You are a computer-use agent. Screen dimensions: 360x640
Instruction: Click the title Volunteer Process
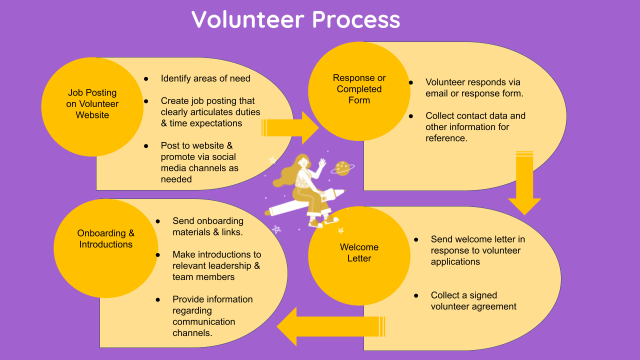(x=295, y=19)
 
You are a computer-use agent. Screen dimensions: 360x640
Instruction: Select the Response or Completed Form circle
(x=359, y=90)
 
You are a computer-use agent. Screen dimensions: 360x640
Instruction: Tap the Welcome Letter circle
(x=359, y=254)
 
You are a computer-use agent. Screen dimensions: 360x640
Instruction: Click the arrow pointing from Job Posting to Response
(x=290, y=127)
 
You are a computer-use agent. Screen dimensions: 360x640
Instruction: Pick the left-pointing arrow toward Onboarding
(x=330, y=326)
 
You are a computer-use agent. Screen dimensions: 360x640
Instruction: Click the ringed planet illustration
(x=342, y=167)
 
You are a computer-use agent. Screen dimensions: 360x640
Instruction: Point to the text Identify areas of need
(x=205, y=78)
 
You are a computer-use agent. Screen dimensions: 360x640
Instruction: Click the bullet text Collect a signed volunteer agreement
(x=473, y=301)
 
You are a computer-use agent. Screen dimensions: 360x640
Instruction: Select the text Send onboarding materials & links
(x=208, y=226)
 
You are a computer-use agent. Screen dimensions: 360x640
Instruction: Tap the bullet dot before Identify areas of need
(x=146, y=78)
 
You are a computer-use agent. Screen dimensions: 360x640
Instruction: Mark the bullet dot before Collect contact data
(x=411, y=116)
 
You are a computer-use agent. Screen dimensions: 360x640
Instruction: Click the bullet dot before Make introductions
(x=158, y=254)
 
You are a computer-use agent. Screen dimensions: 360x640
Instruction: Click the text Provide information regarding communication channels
(x=212, y=316)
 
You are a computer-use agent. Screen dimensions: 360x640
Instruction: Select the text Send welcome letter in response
(x=477, y=250)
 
